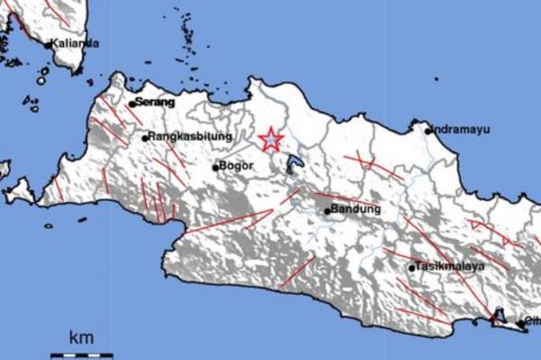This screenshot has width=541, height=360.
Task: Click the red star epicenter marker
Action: click(270, 139)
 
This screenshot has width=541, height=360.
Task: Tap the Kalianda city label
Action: click(75, 43)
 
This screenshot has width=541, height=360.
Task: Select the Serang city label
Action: click(154, 102)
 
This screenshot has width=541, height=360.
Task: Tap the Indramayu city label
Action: click(462, 130)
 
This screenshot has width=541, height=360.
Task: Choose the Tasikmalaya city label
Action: click(452, 266)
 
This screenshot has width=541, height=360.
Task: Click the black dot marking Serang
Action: click(132, 104)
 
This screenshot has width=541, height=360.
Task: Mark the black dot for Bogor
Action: click(215, 167)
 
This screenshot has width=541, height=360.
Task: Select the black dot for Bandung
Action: click(327, 211)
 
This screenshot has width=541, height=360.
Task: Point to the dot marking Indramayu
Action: click(429, 131)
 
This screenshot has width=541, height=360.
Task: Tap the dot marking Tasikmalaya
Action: click(412, 267)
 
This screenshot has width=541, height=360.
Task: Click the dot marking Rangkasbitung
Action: click(144, 138)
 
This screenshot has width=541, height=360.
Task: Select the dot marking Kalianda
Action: click(48, 44)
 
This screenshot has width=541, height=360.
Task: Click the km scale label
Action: click(81, 338)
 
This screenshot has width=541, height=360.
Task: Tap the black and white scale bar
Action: click(81, 355)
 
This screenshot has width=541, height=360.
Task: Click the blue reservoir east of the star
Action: click(294, 164)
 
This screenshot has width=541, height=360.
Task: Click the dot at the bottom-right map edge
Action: click(521, 322)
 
